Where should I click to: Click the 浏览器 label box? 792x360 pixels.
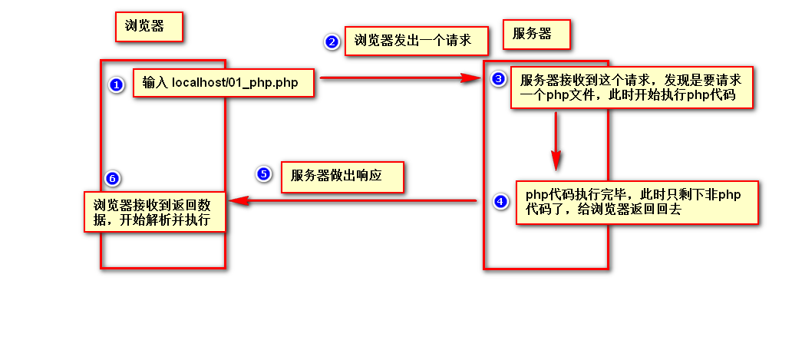coord(150,27)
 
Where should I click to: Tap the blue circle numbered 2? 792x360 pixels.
coord(332,42)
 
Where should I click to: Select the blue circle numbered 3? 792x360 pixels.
coord(499,79)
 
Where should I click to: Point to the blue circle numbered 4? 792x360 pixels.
coord(500,202)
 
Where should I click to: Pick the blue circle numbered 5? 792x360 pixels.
coord(263,173)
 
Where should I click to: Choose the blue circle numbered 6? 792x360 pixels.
coord(112,179)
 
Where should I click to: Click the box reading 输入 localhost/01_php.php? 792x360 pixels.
coord(223,82)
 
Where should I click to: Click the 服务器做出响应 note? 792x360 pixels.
coord(342,176)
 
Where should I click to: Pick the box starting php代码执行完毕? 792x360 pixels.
coord(637,202)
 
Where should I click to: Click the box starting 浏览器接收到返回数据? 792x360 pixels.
coord(156,211)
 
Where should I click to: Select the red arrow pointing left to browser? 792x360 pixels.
coord(353,201)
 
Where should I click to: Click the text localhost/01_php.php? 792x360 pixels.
coord(235,82)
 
